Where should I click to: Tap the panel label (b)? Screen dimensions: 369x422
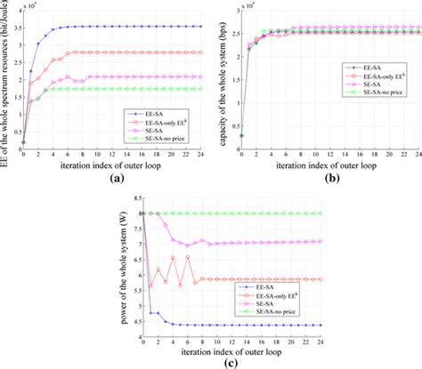318,177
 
